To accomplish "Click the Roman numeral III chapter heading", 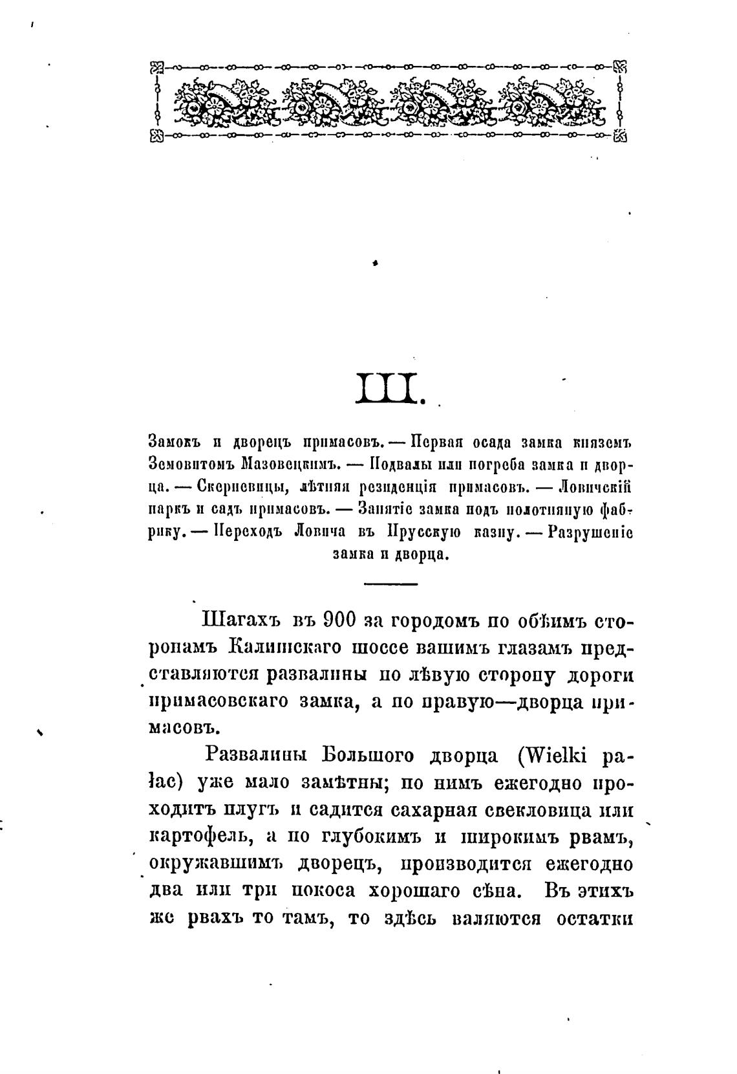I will [390, 387].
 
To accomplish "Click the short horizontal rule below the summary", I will [390, 584].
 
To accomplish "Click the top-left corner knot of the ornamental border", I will [156, 66].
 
